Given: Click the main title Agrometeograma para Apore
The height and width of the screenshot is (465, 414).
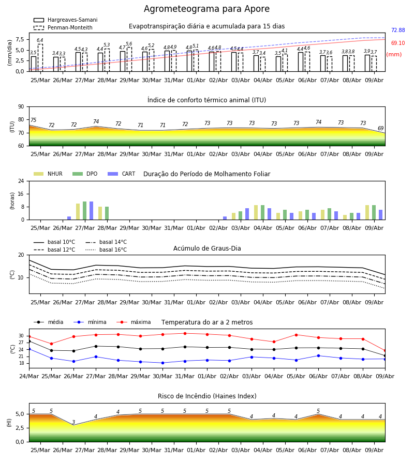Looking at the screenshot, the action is click(x=206, y=9).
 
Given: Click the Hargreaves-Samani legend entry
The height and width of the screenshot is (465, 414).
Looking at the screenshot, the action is click(x=66, y=20).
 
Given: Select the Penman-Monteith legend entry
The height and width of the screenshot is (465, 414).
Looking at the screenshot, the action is click(x=63, y=27).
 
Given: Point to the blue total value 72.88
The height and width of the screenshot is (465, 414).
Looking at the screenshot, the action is click(x=398, y=30).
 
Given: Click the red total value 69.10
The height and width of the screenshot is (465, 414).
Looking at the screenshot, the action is click(x=398, y=43).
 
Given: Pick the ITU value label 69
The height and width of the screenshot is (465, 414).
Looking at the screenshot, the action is click(x=380, y=128).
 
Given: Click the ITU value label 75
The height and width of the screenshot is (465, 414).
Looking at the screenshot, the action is click(x=33, y=120).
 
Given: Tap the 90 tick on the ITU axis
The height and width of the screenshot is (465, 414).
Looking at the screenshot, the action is click(x=21, y=107).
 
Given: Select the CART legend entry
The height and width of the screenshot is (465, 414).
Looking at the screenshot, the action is click(x=122, y=174).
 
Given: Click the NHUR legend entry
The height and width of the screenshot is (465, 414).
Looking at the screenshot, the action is click(x=48, y=174).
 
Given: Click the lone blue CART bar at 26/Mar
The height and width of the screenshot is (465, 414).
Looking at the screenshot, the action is click(x=69, y=218).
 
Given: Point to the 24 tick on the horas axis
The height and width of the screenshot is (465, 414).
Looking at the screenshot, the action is click(x=21, y=181).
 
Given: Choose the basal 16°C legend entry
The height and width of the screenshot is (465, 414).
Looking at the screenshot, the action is click(x=106, y=250).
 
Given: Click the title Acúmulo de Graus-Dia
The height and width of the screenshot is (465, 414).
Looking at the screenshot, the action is click(x=207, y=248).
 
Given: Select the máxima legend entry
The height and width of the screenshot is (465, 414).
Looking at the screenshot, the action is click(x=134, y=322).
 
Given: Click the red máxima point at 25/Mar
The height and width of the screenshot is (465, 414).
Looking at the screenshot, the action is click(x=51, y=344).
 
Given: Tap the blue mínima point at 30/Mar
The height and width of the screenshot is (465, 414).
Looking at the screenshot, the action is click(x=162, y=363).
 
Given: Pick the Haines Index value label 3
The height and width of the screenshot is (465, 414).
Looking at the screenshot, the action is click(x=73, y=422).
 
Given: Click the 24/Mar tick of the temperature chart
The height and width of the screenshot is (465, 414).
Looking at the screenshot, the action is click(x=29, y=376).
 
